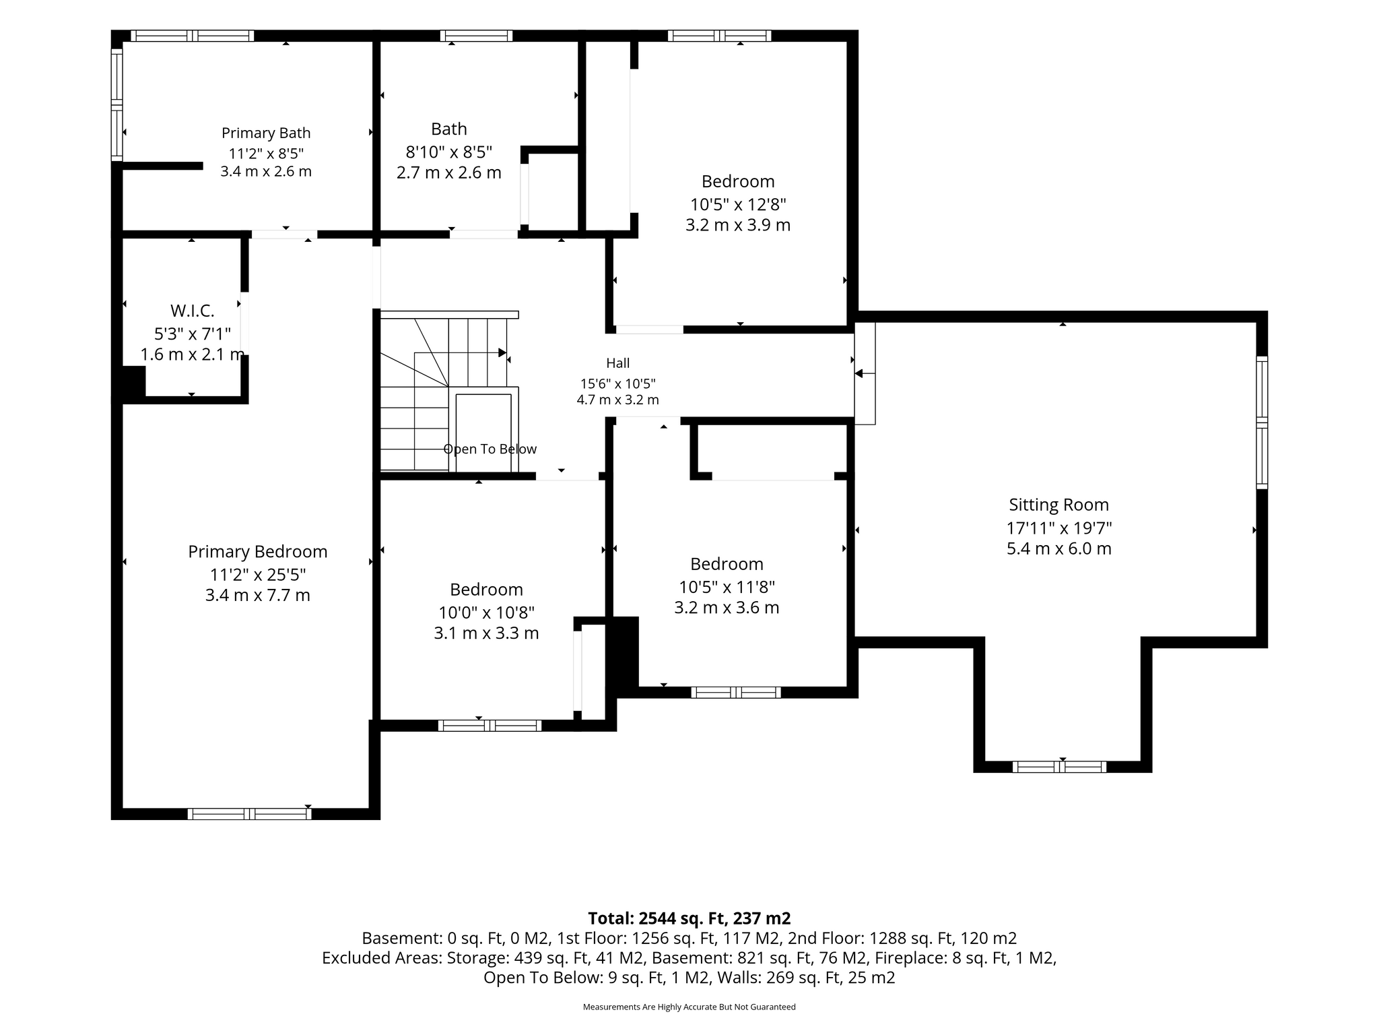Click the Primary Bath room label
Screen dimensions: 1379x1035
(x=266, y=133)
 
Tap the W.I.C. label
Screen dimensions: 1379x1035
(x=193, y=311)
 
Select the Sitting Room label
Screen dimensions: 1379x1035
(x=1058, y=505)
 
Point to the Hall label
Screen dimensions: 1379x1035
(x=618, y=363)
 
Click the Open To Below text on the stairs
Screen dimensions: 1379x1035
(x=490, y=449)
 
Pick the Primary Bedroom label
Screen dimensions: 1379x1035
(x=258, y=552)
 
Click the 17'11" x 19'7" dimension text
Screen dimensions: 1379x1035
(x=1059, y=528)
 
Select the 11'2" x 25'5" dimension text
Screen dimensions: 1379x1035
(x=258, y=575)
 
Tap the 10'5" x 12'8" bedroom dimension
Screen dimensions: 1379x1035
(x=738, y=203)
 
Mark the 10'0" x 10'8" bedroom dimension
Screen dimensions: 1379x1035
(x=486, y=613)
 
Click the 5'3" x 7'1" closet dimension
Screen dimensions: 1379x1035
(x=193, y=333)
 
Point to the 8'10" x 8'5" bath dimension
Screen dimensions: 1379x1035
(x=449, y=152)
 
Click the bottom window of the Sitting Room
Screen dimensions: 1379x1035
(x=1059, y=766)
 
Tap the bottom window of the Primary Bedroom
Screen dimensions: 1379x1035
(x=249, y=813)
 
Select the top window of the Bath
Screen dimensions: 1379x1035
(x=477, y=36)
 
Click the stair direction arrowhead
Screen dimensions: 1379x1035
(x=502, y=352)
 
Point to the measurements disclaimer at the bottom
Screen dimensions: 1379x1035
(x=689, y=1007)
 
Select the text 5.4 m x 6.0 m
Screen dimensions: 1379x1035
(x=1059, y=548)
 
